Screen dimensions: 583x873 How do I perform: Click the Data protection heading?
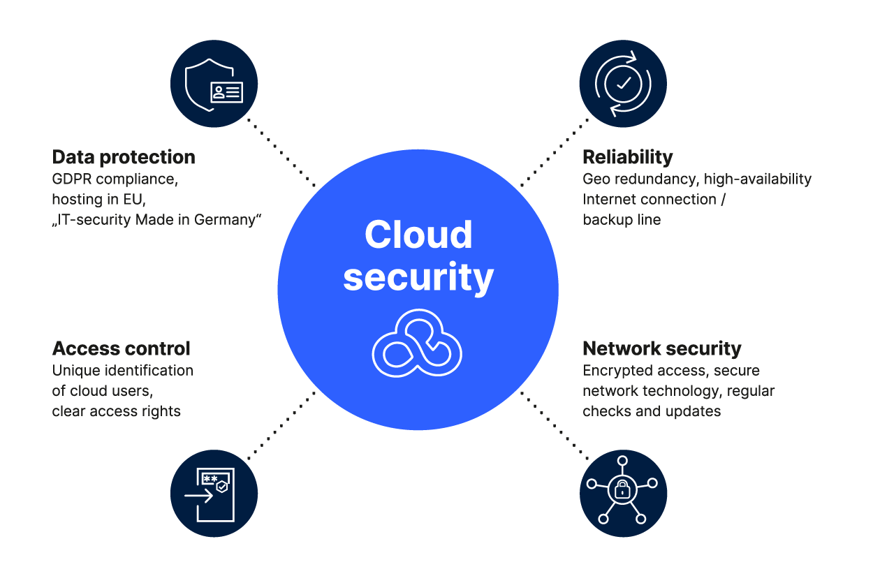(x=124, y=157)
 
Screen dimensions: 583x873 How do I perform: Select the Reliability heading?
(x=627, y=157)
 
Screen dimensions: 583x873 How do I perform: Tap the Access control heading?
(x=121, y=348)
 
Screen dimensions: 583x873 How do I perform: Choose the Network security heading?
(x=661, y=348)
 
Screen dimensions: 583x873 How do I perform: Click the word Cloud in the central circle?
(x=418, y=235)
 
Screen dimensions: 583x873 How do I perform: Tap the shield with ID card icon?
(x=214, y=84)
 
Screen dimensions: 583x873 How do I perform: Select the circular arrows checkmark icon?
(x=623, y=84)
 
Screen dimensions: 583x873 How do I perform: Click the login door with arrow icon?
(x=214, y=494)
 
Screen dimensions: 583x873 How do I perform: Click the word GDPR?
(x=72, y=179)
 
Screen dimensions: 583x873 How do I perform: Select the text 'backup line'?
(x=622, y=220)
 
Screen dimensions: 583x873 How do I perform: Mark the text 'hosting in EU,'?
(x=98, y=200)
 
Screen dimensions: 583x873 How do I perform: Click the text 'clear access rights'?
(x=116, y=411)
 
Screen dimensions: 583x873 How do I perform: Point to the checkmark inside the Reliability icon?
(x=624, y=83)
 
